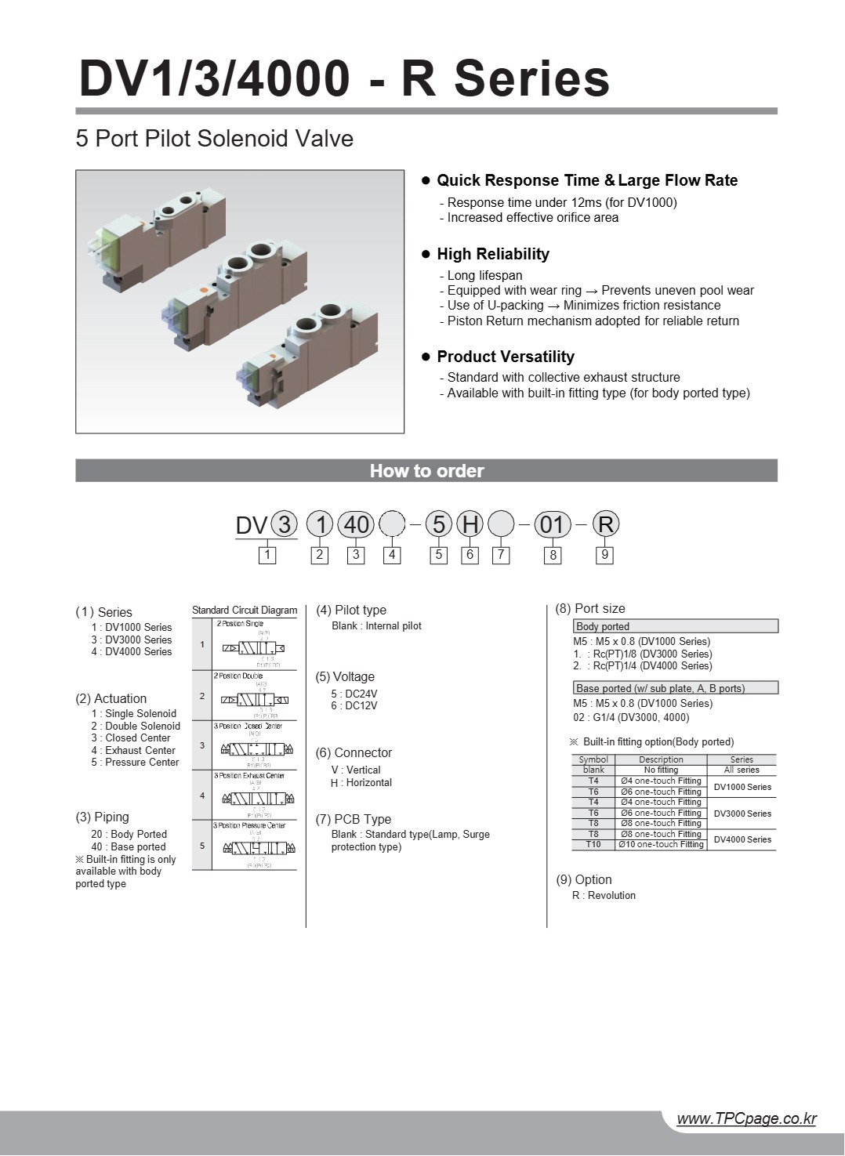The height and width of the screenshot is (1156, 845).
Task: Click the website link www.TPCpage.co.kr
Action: (x=745, y=1118)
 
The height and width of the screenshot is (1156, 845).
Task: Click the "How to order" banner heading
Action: (x=426, y=471)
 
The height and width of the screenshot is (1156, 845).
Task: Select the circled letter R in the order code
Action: (x=605, y=524)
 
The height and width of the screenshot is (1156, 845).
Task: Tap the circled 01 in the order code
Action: (x=553, y=524)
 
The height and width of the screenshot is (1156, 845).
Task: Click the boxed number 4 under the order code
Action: (x=392, y=555)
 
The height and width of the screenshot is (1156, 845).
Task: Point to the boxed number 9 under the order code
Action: (x=604, y=555)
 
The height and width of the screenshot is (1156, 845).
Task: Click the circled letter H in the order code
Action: (x=470, y=524)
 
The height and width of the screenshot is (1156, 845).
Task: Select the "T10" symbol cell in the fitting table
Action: (x=593, y=845)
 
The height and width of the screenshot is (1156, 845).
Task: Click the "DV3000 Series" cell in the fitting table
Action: (x=742, y=814)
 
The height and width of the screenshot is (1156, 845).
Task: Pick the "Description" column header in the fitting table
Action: (x=661, y=759)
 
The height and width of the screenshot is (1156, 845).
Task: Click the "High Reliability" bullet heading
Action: (x=492, y=254)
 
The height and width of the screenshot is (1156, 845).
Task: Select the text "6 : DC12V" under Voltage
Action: (x=354, y=705)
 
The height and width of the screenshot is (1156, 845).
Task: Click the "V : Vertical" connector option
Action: (x=356, y=770)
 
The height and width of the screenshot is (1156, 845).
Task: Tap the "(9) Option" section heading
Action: (x=583, y=879)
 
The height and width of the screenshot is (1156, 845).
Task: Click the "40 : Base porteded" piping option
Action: (x=129, y=846)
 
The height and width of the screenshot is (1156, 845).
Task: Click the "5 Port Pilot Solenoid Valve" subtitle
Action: (x=214, y=139)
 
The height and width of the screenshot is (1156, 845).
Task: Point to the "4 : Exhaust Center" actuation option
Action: (x=133, y=750)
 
